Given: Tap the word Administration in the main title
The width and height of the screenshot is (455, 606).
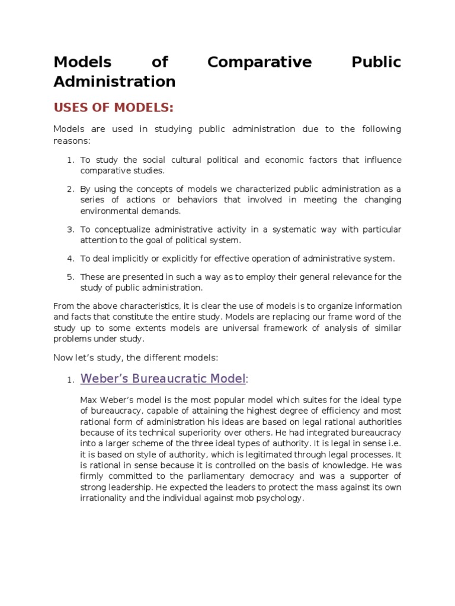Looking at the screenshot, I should pos(114,81).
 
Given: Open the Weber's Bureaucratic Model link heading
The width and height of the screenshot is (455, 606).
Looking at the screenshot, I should pos(163,378).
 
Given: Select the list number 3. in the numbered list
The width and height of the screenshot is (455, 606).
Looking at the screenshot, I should pos(70,229).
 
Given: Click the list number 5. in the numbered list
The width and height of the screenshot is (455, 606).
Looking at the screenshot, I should pos(70,276).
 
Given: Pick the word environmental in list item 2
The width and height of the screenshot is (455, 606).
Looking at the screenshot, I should pos(111,211).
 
